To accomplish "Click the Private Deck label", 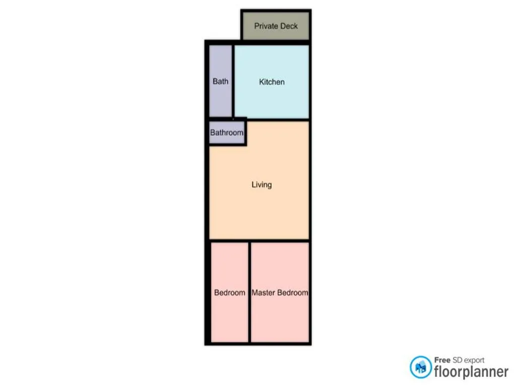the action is (x=276, y=26).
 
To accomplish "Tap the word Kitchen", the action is (x=272, y=82).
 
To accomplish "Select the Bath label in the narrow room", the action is (x=221, y=81).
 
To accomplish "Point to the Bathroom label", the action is (x=227, y=133).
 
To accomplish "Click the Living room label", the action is (x=262, y=184).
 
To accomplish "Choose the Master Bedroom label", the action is (x=280, y=293).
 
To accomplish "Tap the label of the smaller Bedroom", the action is (x=230, y=293).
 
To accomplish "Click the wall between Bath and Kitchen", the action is (x=233, y=81).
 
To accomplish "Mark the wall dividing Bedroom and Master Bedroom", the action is (x=249, y=292).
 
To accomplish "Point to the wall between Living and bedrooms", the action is (x=260, y=241).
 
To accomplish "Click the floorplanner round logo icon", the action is (x=421, y=367).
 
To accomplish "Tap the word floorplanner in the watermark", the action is (x=471, y=371).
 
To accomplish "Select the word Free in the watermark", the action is (x=442, y=360).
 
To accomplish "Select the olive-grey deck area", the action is (x=276, y=26).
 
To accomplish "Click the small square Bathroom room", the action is (x=227, y=133).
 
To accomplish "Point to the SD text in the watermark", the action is (x=457, y=360).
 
